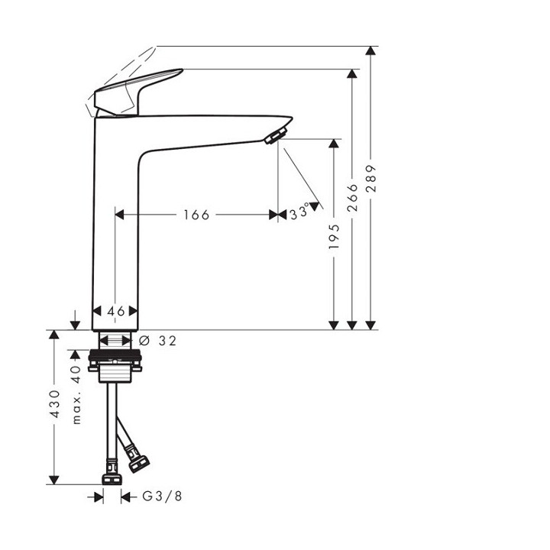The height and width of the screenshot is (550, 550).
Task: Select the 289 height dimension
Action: pyautogui.click(x=371, y=188)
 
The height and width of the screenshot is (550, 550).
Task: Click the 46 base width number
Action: pyautogui.click(x=115, y=312)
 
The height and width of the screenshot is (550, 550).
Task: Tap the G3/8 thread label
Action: pyautogui.click(x=163, y=497)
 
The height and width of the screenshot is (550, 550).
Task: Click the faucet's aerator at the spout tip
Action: pyautogui.click(x=273, y=136)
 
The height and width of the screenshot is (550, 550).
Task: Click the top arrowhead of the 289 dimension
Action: pyautogui.click(x=371, y=51)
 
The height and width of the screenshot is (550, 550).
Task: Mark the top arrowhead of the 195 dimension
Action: pyautogui.click(x=334, y=144)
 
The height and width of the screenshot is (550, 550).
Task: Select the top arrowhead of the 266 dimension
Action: pyautogui.click(x=352, y=74)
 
